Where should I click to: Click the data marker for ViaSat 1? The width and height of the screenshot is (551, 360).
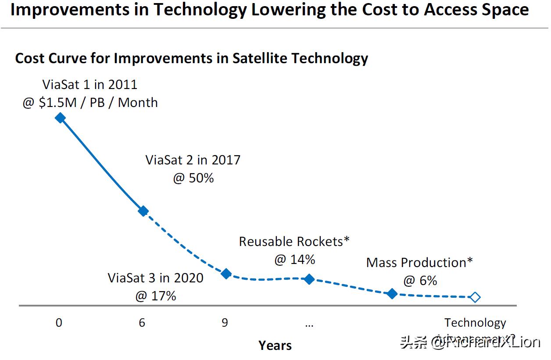click(x=60, y=118)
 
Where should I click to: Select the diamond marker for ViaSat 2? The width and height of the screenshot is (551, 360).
click(x=143, y=211)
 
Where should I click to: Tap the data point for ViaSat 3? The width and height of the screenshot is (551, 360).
click(x=226, y=274)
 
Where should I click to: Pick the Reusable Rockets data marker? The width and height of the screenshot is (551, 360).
click(x=309, y=279)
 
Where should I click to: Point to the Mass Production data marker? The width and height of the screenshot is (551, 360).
click(x=392, y=294)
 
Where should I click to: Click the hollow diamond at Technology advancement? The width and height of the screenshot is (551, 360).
click(x=475, y=297)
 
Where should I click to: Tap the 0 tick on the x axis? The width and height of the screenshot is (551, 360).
click(x=59, y=323)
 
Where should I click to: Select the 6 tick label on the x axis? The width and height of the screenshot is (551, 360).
click(x=142, y=323)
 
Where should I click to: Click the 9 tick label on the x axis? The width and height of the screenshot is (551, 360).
click(x=225, y=323)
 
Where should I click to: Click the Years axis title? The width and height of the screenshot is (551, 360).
click(x=275, y=345)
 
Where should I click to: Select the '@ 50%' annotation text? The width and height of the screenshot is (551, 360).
click(x=193, y=178)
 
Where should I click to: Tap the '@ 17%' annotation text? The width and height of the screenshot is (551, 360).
click(x=156, y=296)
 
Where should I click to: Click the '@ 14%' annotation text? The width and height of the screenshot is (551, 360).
click(x=295, y=260)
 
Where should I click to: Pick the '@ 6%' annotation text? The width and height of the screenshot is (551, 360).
click(x=420, y=281)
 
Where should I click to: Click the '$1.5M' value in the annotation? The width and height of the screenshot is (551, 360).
click(x=57, y=103)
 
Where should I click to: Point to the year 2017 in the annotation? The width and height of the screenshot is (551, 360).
click(x=226, y=160)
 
